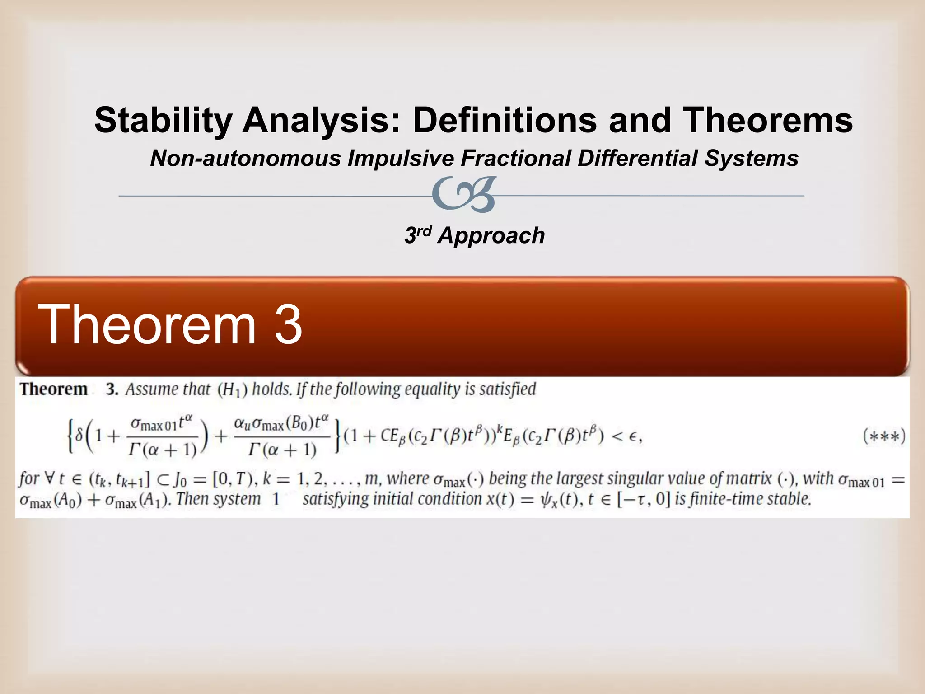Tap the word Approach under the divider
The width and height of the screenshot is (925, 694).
coord(491,236)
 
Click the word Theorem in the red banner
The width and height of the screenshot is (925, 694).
coord(147,325)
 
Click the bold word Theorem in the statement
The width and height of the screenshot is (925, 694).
coord(54,389)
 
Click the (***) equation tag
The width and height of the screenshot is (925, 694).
coord(884,436)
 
